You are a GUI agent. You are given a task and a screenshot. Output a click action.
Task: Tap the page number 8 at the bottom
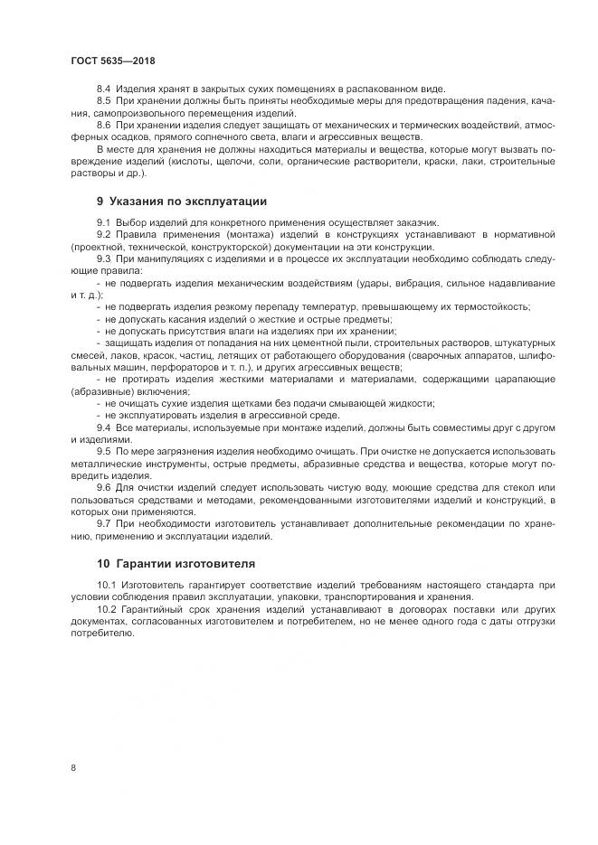click(x=72, y=768)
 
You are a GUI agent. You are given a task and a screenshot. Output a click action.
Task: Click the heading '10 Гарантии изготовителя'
click(x=172, y=565)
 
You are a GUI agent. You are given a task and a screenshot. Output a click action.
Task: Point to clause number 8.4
click(x=103, y=90)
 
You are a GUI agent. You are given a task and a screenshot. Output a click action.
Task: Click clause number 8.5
click(x=103, y=102)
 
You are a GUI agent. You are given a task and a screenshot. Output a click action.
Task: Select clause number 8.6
click(x=103, y=126)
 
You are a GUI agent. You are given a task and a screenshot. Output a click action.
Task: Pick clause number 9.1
click(x=103, y=221)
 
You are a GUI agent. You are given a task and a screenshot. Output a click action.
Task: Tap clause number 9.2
click(x=103, y=234)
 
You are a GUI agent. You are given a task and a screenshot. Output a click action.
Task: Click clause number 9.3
click(x=103, y=258)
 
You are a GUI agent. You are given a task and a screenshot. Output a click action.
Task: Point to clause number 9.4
click(x=103, y=425)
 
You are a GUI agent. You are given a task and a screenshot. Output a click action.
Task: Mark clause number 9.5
click(x=103, y=449)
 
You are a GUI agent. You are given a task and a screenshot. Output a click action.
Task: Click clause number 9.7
click(x=103, y=521)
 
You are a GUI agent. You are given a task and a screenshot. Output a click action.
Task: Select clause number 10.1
click(x=106, y=586)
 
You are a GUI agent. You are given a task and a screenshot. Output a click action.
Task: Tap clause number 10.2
click(x=106, y=609)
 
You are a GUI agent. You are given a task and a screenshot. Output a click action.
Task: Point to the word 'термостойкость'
click(x=489, y=305)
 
